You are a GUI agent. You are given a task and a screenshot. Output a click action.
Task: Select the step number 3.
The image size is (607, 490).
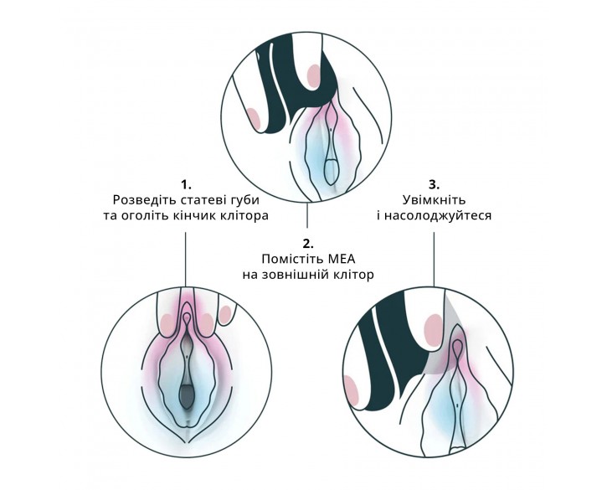pos(433,183)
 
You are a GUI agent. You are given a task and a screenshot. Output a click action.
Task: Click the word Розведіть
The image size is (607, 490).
pos(145,200)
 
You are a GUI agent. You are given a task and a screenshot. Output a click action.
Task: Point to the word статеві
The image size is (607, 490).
pos(206,200)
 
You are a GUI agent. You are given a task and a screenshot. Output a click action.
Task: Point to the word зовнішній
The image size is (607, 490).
pos(299,275)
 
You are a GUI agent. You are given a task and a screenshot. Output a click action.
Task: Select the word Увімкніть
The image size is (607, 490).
pos(433,200)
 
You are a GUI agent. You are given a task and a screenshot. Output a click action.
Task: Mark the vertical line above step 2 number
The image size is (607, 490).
pos(308,216)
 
